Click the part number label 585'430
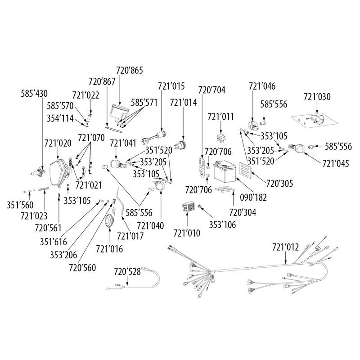tap(34, 94)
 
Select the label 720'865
tap(129, 70)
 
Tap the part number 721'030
tap(317, 97)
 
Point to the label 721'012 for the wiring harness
tap(285, 247)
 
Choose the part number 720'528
tap(127, 271)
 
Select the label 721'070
tap(91, 136)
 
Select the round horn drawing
tap(109, 221)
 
